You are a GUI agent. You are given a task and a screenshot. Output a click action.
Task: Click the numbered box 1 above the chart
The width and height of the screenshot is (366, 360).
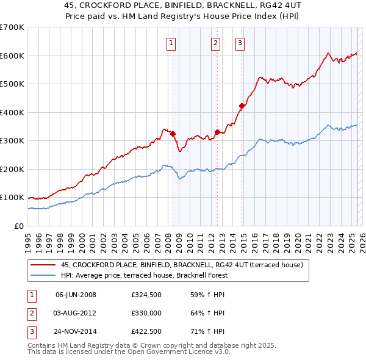click(x=171, y=43)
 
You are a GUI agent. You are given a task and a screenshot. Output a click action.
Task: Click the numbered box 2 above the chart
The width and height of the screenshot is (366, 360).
click(x=216, y=43)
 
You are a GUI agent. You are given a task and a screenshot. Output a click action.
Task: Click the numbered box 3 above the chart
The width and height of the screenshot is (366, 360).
click(x=240, y=43)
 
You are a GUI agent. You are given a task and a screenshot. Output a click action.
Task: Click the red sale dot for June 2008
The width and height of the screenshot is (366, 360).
click(x=173, y=134)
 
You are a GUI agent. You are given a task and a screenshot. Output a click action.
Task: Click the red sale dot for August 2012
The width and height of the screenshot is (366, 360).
click(x=217, y=132)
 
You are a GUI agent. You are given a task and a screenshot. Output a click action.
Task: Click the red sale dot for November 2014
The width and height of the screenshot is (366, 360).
click(x=242, y=106)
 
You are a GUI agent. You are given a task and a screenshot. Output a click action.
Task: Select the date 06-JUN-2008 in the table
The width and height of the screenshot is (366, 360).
click(x=76, y=295)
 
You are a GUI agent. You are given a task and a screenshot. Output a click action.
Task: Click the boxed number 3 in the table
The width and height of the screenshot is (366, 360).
click(x=30, y=333)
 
